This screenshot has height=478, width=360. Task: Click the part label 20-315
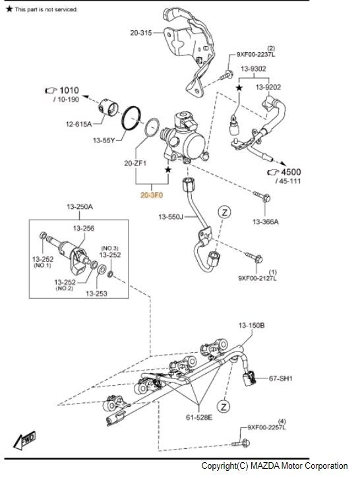click(141, 32)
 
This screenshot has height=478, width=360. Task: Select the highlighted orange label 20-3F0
click(152, 194)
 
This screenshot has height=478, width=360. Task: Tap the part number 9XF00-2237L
click(256, 55)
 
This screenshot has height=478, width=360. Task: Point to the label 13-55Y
click(104, 140)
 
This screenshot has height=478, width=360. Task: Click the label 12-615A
click(78, 124)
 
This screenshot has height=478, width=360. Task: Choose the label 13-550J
click(171, 217)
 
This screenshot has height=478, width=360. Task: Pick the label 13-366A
click(266, 222)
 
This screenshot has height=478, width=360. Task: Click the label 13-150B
click(251, 325)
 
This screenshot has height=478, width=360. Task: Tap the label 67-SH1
click(280, 378)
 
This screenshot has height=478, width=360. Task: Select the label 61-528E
click(198, 417)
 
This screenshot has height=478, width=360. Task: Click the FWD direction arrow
click(24, 440)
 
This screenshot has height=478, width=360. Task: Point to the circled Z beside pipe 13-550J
click(224, 212)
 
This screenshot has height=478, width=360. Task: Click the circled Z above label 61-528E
click(224, 406)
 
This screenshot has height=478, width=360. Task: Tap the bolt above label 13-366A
click(262, 196)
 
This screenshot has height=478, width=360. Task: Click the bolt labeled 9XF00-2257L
click(241, 443)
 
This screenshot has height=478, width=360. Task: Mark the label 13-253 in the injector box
click(96, 293)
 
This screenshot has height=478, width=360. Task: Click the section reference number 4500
click(291, 172)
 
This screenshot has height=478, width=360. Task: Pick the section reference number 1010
click(69, 90)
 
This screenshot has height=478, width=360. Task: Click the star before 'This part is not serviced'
click(9, 9)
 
